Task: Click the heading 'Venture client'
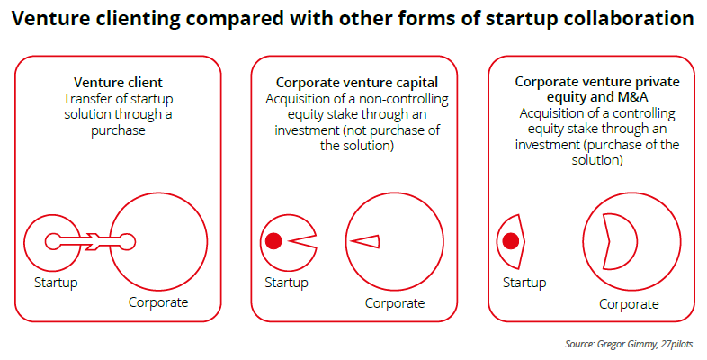pyautogui.click(x=119, y=82)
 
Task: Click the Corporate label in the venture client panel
pyautogui.click(x=158, y=301)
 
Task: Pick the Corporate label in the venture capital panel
pyautogui.click(x=395, y=302)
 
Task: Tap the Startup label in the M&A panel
pyautogui.click(x=524, y=283)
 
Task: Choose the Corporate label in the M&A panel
pyautogui.click(x=630, y=303)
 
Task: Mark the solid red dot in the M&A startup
pyautogui.click(x=511, y=241)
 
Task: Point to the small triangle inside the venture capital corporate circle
pyautogui.click(x=366, y=240)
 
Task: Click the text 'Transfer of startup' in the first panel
pyautogui.click(x=119, y=98)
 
